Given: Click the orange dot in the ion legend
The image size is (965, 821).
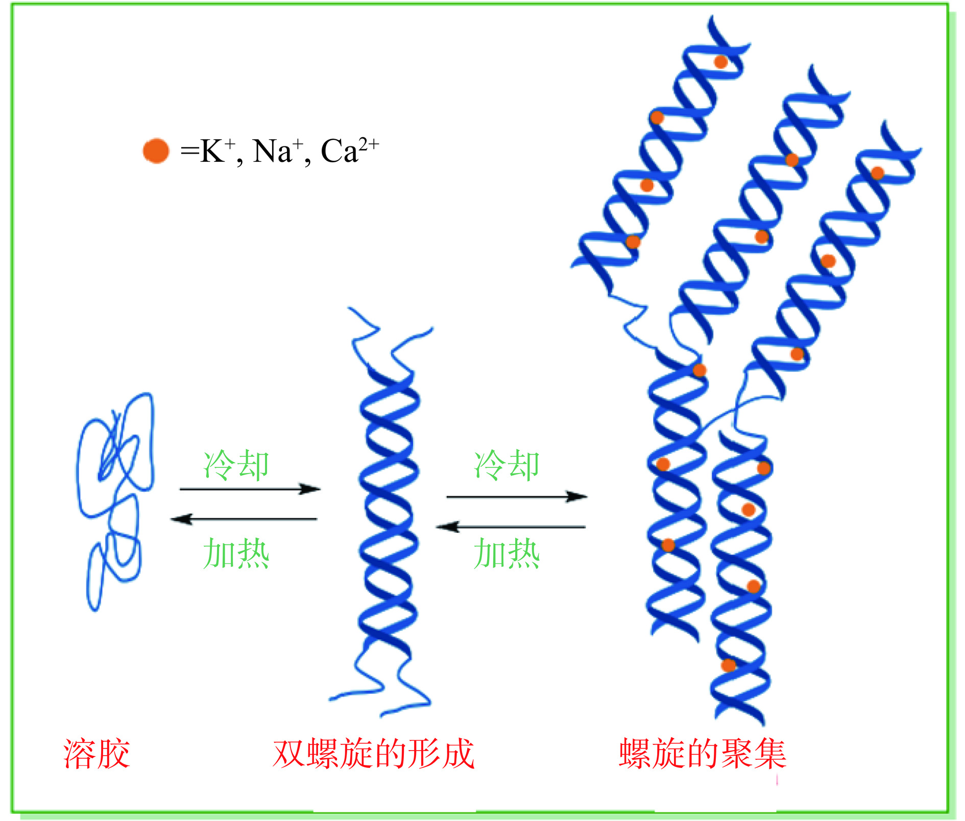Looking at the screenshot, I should pyautogui.click(x=156, y=151).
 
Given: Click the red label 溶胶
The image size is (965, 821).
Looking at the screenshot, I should pyautogui.click(x=96, y=754).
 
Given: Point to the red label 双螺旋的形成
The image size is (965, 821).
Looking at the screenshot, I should pyautogui.click(x=374, y=754).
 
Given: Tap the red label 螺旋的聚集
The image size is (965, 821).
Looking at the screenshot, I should pyautogui.click(x=703, y=754).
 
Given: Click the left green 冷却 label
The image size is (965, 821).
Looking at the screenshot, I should pyautogui.click(x=236, y=465).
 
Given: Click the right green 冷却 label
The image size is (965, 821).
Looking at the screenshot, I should pyautogui.click(x=506, y=465).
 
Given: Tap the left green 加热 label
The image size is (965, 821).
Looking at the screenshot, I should pyautogui.click(x=236, y=554).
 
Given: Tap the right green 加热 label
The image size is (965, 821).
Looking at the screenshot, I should pyautogui.click(x=506, y=554).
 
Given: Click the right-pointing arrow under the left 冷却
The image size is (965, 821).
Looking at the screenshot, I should pyautogui.click(x=250, y=489).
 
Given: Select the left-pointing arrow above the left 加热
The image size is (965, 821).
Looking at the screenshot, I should pyautogui.click(x=244, y=519).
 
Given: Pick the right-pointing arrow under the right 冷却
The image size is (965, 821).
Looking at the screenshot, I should pyautogui.click(x=517, y=496).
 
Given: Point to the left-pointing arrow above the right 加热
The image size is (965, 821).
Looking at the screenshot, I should pyautogui.click(x=511, y=527).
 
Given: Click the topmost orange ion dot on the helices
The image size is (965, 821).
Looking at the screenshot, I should pyautogui.click(x=720, y=62).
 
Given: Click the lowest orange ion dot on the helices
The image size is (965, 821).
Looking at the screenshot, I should pyautogui.click(x=728, y=665).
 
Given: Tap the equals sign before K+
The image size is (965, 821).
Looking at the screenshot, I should pyautogui.click(x=189, y=152).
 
